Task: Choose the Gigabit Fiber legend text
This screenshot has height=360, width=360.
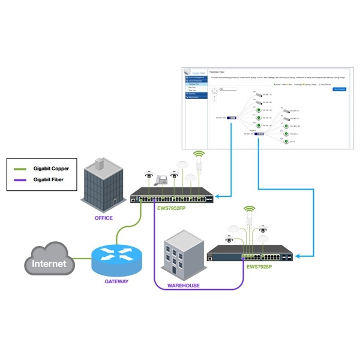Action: (47, 180)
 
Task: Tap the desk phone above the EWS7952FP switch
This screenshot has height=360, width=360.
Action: (160, 179)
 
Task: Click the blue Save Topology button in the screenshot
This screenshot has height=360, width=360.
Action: (339, 89)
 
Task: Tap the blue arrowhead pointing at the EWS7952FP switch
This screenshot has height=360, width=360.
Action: (219, 195)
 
